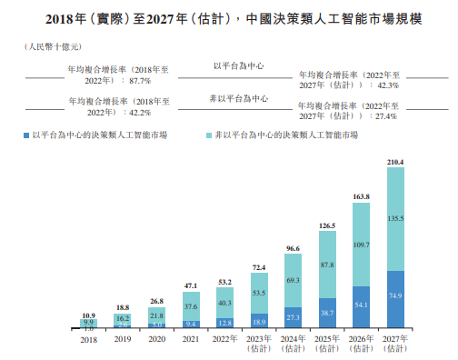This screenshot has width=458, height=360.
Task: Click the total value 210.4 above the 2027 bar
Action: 395,162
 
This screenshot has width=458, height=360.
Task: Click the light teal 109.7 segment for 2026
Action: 361,245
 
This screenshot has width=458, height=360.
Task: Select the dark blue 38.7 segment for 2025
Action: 327,313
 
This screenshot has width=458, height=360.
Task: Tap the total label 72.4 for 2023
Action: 259,268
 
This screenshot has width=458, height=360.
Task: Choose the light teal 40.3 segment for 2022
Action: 224,302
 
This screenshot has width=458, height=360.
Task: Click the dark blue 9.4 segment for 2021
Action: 191,324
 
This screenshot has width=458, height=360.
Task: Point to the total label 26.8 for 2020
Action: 156,300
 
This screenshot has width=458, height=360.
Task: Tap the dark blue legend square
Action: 26,135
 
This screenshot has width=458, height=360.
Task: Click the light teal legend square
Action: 210,135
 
